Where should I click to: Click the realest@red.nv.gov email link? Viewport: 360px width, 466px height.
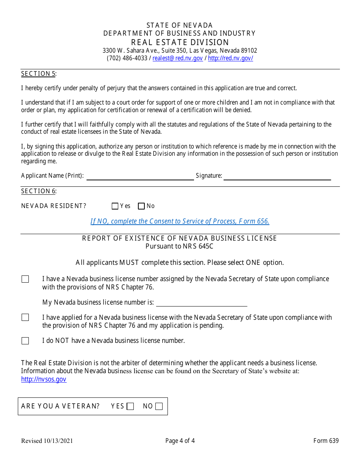point(177,58)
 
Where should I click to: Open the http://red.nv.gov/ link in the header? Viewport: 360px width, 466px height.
point(230,58)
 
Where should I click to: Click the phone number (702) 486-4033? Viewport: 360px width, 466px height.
point(127,58)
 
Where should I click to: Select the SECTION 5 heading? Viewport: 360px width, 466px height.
point(38,73)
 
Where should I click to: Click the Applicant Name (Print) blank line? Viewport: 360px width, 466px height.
point(140,177)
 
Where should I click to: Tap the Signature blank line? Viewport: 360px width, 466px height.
point(277,177)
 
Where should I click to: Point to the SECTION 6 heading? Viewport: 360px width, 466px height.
point(38,191)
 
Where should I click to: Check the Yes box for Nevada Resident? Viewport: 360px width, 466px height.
point(115,206)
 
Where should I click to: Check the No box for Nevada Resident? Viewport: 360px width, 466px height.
point(141,206)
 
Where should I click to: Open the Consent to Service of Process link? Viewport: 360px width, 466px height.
point(180,221)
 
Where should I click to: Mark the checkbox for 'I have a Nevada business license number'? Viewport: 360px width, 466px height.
point(25,279)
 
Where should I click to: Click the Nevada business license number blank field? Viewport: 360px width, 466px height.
point(202,303)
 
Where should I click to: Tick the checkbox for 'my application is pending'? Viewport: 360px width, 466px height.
point(25,317)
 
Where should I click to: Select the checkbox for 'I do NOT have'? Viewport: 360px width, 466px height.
point(25,341)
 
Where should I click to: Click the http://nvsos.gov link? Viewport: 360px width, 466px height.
point(44,379)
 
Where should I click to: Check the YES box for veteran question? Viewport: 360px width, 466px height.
point(130,407)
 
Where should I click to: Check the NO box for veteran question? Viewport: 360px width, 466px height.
point(159,407)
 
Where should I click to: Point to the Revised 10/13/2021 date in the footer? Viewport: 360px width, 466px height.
point(47,441)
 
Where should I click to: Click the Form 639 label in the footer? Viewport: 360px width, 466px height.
point(326,441)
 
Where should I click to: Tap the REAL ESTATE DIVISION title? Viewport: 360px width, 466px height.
point(180,42)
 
